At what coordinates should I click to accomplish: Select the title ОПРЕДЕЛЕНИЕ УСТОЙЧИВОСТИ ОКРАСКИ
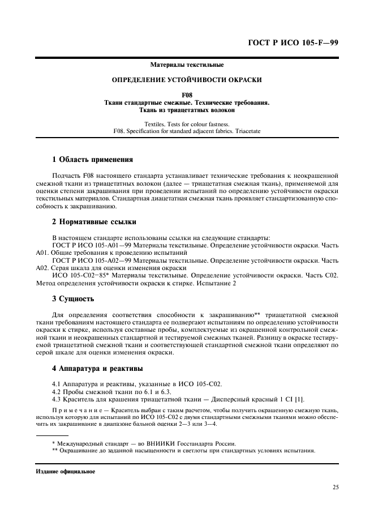click(187, 80)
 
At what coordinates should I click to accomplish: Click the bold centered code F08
click(187, 95)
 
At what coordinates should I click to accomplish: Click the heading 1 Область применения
click(92, 160)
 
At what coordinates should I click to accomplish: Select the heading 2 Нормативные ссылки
click(93, 221)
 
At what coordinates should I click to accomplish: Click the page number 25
click(335, 486)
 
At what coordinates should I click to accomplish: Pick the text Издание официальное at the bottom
click(66, 471)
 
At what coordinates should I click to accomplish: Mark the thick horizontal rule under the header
click(187, 58)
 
